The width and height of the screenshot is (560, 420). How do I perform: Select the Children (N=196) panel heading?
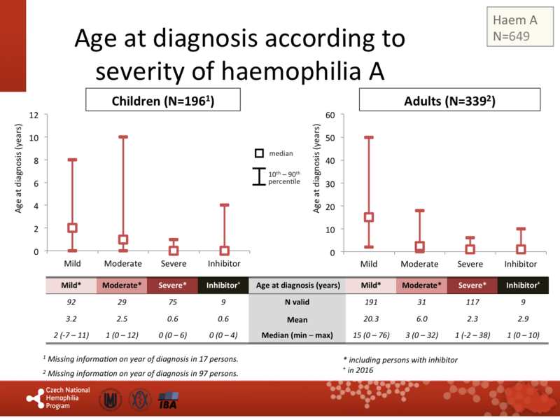[163, 101]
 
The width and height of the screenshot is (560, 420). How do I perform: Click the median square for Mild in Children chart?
[72, 228]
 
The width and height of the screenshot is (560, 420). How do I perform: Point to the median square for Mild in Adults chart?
[369, 217]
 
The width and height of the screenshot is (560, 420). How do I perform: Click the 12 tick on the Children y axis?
[34, 114]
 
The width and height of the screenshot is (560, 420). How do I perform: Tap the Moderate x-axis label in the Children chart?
[123, 264]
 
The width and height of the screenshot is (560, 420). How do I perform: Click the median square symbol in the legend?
[259, 153]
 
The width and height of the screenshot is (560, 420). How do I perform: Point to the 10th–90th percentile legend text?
[283, 178]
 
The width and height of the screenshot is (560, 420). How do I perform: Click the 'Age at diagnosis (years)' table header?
[298, 285]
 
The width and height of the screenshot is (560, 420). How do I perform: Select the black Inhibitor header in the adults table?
[522, 285]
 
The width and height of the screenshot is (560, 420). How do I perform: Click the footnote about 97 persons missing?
[140, 373]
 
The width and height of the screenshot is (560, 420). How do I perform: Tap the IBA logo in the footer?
[169, 401]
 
